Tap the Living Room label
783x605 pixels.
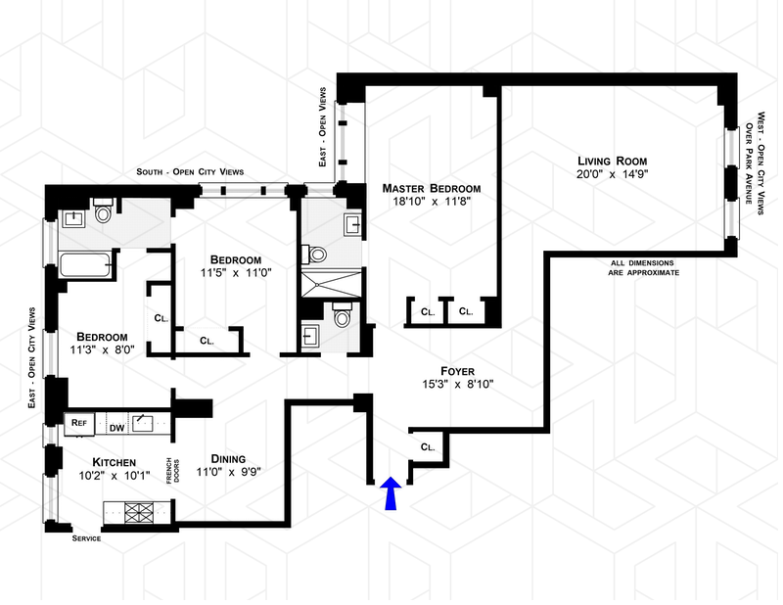pos(612,161)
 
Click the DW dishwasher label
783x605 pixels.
pos(115,427)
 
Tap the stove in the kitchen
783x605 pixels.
pos(138,510)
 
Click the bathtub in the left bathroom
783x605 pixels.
pos(85,265)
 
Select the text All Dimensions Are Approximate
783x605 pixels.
pos(644,267)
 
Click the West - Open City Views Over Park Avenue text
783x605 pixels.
pos(752,163)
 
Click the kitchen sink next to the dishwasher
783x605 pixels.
pos(144,423)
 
